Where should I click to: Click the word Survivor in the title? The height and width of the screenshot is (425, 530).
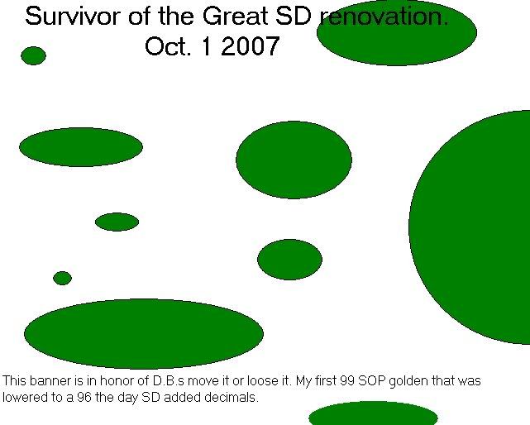tap(73, 16)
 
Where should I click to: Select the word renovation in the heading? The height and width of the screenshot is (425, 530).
tap(384, 17)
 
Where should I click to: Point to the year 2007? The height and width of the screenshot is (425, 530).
tap(251, 46)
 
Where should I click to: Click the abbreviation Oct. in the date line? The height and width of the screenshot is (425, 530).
tap(168, 46)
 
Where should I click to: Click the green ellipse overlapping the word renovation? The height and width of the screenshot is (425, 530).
tap(397, 34)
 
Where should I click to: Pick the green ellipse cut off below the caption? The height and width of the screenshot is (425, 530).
tap(373, 414)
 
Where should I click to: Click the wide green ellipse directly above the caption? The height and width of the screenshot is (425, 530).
tap(144, 334)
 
